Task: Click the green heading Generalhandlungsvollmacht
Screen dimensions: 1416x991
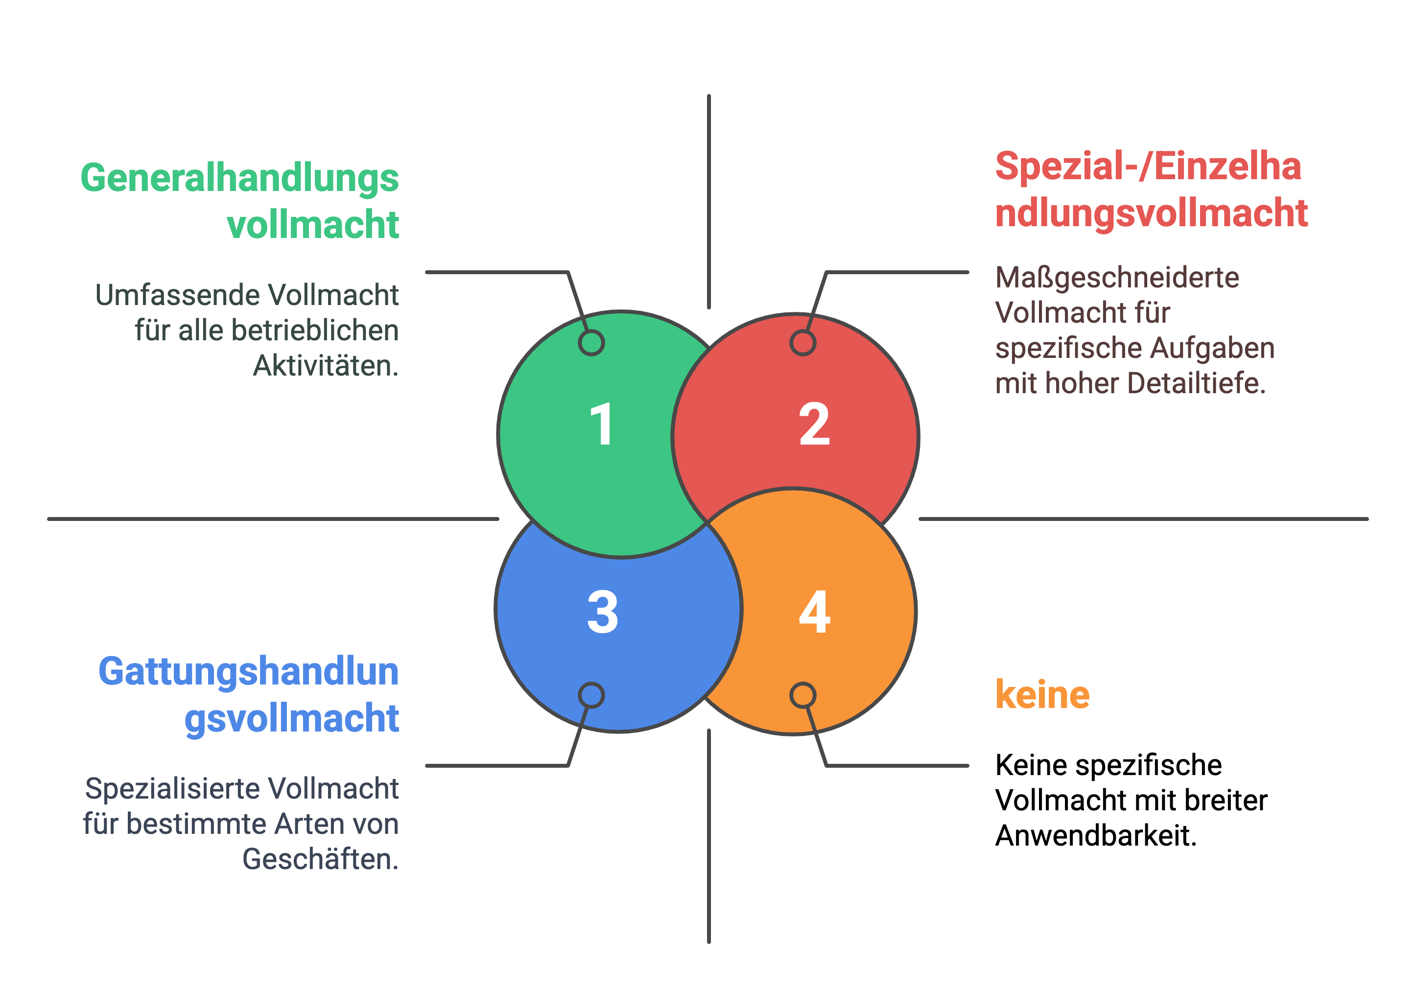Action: (x=240, y=200)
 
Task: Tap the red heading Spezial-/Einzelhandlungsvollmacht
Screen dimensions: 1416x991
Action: (x=1152, y=190)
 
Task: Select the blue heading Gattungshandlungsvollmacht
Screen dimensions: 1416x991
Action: (x=249, y=695)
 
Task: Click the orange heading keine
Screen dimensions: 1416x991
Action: (x=1042, y=694)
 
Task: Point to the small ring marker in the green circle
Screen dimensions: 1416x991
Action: (x=591, y=343)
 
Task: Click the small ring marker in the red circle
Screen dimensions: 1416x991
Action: (x=803, y=343)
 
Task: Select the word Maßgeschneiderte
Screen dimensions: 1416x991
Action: (x=1117, y=278)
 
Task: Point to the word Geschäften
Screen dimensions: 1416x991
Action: (x=321, y=859)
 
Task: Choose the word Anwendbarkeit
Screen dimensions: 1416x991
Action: (x=1096, y=836)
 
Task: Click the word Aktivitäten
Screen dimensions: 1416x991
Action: (x=326, y=366)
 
